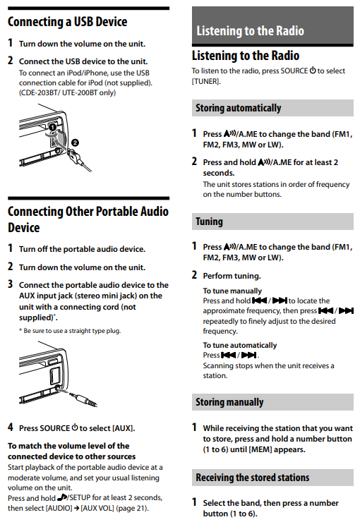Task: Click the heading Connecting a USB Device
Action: click(68, 22)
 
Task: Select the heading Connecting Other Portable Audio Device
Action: click(88, 219)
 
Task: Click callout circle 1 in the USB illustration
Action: click(50, 128)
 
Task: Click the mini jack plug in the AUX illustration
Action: click(82, 400)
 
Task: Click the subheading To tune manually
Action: click(232, 291)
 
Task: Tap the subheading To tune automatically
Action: click(240, 345)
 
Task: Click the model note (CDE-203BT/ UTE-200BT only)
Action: click(67, 92)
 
